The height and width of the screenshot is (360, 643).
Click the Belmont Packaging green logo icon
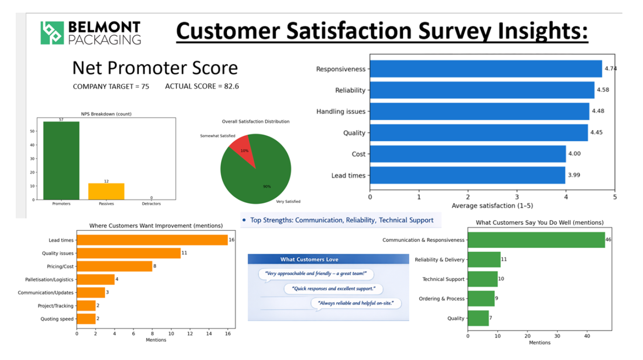pos(52,33)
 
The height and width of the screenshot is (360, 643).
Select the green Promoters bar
pos(62,161)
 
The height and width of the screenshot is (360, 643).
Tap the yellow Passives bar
pos(106,191)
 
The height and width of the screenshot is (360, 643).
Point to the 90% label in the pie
pos(267,186)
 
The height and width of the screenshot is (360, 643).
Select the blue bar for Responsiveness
pos(486,69)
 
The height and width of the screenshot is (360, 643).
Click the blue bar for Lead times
pos(468,175)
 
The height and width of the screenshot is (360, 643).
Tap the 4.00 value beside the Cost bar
pos(574,154)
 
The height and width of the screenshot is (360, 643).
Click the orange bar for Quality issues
pos(129,253)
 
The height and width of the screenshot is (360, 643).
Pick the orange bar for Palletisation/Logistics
pos(96,279)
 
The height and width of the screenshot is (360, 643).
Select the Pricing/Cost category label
pos(60,267)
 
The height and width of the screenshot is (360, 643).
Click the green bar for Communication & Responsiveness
pos(536,240)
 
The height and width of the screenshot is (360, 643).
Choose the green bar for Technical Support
pos(483,279)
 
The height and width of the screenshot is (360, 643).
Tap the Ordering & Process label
pos(441,298)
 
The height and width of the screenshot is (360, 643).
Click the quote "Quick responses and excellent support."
pos(334,288)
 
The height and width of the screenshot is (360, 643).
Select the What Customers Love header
pos(309,259)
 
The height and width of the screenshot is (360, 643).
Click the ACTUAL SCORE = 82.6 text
pos(202,86)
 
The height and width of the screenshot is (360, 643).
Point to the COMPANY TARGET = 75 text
pos(111,87)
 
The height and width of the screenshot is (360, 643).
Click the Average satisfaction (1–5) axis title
pos(492,206)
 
